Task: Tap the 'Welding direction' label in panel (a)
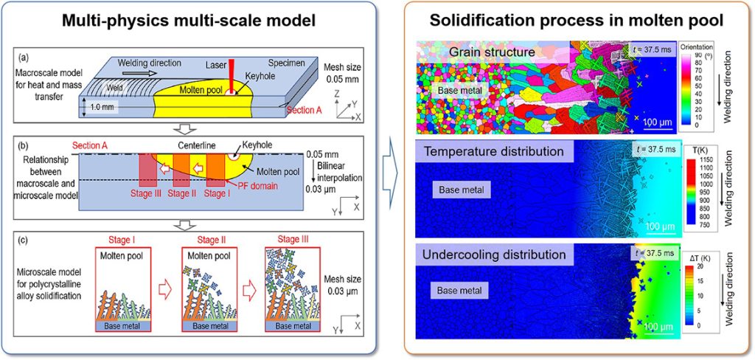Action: (x=149, y=63)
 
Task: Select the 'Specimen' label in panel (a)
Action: (x=282, y=63)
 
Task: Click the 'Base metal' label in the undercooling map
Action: (x=460, y=291)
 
